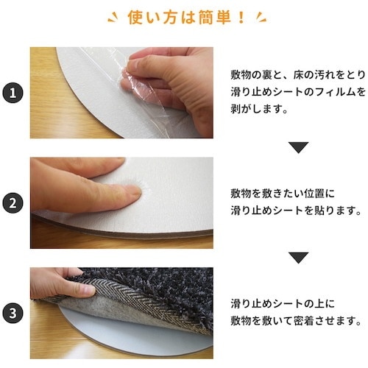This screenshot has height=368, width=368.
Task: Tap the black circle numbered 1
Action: point(12,93)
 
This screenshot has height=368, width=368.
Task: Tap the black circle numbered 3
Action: point(12,312)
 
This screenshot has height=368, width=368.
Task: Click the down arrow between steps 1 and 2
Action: point(297,147)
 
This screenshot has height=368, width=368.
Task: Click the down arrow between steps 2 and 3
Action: point(297,258)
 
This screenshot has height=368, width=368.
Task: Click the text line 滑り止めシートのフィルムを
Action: point(297,92)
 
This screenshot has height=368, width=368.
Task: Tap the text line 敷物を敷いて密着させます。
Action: point(296,321)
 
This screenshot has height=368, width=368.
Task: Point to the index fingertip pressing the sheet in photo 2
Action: point(134,193)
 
